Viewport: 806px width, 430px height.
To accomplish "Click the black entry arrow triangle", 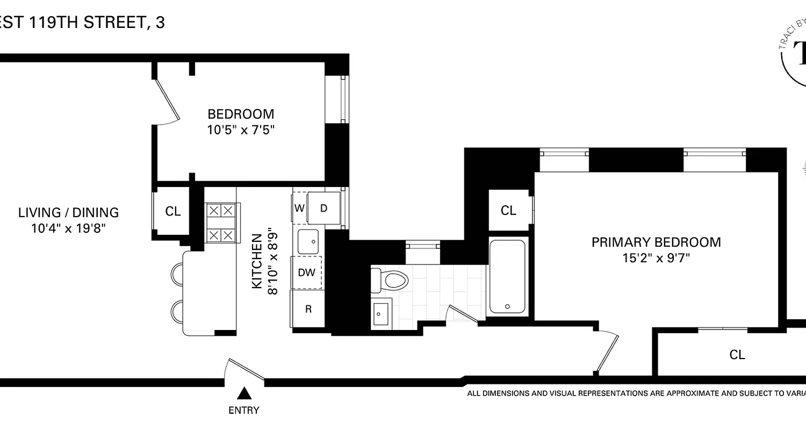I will (244, 394).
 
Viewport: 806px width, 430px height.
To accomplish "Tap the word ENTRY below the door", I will (244, 411).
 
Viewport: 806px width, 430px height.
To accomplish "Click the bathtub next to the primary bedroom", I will (508, 277).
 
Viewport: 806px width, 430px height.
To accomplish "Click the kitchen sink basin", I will (308, 241).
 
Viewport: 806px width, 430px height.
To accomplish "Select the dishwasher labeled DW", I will (306, 273).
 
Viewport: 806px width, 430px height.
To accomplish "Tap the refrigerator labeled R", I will (308, 309).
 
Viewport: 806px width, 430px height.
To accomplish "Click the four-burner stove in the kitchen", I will (221, 223).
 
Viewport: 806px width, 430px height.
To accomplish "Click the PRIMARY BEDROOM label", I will (656, 242).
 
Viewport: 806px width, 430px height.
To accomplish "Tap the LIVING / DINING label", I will (68, 212).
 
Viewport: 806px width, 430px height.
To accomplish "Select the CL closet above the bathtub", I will (508, 211).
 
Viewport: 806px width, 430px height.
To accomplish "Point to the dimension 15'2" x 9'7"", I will (656, 258).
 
